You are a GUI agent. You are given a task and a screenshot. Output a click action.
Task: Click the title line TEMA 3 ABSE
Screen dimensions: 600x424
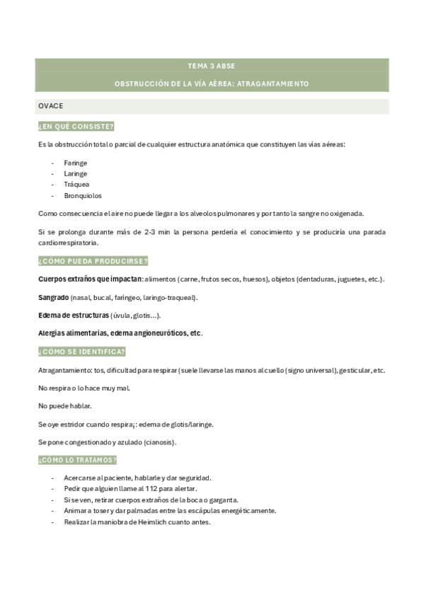pos(212,66)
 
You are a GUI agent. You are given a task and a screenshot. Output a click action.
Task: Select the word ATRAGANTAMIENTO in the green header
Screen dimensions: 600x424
pos(273,83)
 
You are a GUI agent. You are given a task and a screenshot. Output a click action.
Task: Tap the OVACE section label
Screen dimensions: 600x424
pos(51,105)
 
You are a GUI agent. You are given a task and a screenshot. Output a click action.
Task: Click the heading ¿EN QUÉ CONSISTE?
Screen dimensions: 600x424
pos(76,126)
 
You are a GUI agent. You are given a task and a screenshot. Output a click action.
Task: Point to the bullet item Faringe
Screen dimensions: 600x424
pos(75,162)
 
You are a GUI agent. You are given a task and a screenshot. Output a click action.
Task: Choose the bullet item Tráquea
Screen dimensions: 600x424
pos(76,184)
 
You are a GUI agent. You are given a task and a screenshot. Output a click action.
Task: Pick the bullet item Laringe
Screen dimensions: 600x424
pos(75,173)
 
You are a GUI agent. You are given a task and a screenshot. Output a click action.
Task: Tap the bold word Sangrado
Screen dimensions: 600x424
pos(53,297)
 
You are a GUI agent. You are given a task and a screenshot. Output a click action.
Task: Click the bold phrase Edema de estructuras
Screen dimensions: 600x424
pos(73,315)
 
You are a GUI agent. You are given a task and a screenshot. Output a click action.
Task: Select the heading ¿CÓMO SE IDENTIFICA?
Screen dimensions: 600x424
pos(82,352)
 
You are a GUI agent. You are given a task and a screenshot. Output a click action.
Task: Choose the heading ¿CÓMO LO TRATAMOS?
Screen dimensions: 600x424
pos(78,460)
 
